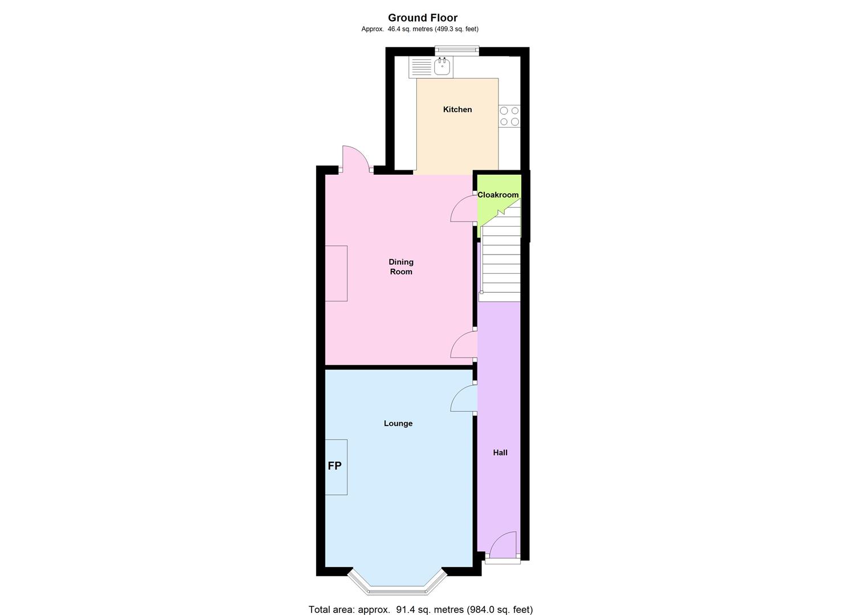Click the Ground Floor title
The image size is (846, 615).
pyautogui.click(x=423, y=18)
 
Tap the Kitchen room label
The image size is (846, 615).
pyautogui.click(x=457, y=109)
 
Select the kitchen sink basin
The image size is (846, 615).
pyautogui.click(x=442, y=67)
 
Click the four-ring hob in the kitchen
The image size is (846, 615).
pyautogui.click(x=509, y=116)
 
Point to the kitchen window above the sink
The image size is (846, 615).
pyautogui.click(x=456, y=51)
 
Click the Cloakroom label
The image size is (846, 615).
pyautogui.click(x=498, y=195)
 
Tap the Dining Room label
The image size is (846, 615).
pyautogui.click(x=400, y=266)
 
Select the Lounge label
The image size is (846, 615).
pyautogui.click(x=398, y=423)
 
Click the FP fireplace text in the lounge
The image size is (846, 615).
pyautogui.click(x=334, y=466)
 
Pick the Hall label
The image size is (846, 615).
pyautogui.click(x=500, y=453)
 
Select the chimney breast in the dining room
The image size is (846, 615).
pyautogui.click(x=336, y=273)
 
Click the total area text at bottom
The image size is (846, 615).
pyautogui.click(x=420, y=609)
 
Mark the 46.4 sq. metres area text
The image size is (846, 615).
pyautogui.click(x=420, y=29)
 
